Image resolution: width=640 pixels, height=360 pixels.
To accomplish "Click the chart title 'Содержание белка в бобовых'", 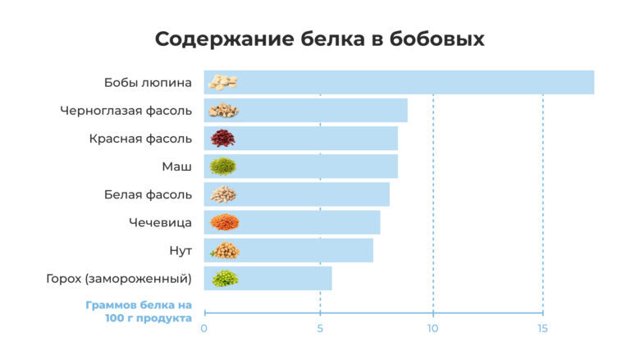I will click(x=320, y=39).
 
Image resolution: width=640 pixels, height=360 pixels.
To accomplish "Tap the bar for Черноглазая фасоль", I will click(x=320, y=111).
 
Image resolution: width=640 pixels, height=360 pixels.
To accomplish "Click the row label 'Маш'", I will click(x=176, y=166).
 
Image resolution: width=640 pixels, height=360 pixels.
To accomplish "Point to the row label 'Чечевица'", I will click(x=160, y=222).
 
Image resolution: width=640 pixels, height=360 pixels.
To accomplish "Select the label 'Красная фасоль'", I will click(x=140, y=139).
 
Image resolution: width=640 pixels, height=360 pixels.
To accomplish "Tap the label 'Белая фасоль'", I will click(x=148, y=194).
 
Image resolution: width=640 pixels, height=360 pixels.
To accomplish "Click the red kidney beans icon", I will click(x=222, y=138).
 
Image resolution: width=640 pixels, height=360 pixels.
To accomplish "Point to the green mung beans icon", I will click(x=222, y=166).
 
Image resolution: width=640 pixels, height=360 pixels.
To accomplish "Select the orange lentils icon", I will click(x=223, y=222).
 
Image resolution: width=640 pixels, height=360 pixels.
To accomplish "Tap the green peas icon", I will click(x=224, y=279).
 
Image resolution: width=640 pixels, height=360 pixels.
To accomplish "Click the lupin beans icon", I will click(x=222, y=82).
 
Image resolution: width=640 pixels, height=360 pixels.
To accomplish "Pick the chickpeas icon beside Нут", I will click(x=224, y=250).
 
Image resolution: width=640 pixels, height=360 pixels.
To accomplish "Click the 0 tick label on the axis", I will click(x=204, y=330).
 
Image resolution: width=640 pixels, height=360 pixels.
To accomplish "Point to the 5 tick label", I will click(x=320, y=330).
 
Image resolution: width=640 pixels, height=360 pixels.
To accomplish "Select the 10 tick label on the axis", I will click(x=432, y=330).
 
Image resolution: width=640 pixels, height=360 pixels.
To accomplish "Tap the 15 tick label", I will click(x=542, y=330).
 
